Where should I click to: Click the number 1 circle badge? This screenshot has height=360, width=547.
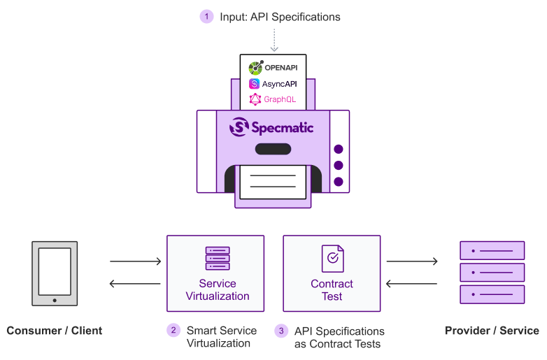coord(206,16)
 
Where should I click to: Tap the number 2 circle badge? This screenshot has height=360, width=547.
coord(173,330)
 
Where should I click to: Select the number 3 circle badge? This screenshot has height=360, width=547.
coord(282,330)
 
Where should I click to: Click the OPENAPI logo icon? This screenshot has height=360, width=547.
coord(255,68)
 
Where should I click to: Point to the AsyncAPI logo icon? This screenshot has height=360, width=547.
coord(254,83)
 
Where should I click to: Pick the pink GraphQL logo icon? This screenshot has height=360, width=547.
coord(255,99)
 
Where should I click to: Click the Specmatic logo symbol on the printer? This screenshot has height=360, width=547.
coord(240,127)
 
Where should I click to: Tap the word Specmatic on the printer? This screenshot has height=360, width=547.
coord(282,127)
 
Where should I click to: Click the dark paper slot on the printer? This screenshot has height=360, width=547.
coord(273,148)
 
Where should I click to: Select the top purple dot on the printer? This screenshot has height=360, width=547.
coord(339,149)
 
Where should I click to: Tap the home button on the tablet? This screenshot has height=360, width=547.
coord(55,300)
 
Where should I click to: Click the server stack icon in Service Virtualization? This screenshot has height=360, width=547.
coord(217,258)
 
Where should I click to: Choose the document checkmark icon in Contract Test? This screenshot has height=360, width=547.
coord(332,258)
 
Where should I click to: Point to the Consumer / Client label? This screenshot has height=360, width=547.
coord(55,331)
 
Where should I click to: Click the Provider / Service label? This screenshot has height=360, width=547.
coord(492,331)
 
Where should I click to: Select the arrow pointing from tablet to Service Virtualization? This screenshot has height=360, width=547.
coord(136,261)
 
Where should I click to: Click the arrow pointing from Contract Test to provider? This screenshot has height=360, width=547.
coord(411,261)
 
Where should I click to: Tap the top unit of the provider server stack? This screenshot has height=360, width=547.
coord(492,250)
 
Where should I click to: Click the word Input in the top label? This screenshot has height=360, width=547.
coord(233,17)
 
